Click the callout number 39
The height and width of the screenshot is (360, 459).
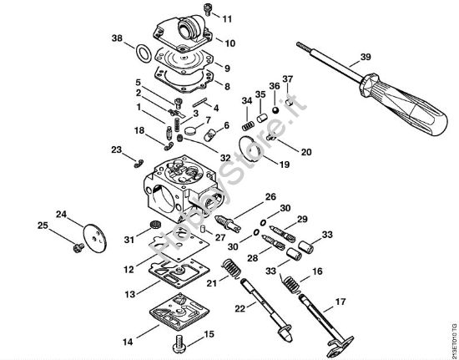point(365,58)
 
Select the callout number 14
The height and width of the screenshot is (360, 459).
point(128,342)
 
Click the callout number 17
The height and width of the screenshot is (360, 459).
point(340,302)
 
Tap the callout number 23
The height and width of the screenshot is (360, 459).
point(116,150)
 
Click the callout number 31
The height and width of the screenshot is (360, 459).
point(129,240)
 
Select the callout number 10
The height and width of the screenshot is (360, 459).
point(229,43)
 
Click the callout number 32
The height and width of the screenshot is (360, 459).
point(225,156)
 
